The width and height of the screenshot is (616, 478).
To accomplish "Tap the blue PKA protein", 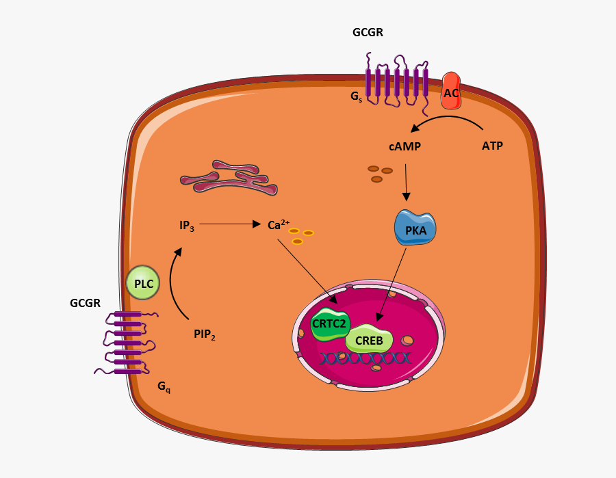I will [x=415, y=229].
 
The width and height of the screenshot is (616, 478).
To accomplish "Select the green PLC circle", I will [x=143, y=283].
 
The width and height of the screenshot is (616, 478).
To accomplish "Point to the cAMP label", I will [x=405, y=146].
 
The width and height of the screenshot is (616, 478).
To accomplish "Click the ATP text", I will [x=492, y=146].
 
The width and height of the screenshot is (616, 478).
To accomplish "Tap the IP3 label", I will [x=187, y=225].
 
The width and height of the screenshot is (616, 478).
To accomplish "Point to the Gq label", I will [x=164, y=386].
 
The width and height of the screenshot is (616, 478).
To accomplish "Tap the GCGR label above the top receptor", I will [x=368, y=32].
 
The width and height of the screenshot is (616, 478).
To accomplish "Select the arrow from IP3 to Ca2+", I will [x=229, y=224].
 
